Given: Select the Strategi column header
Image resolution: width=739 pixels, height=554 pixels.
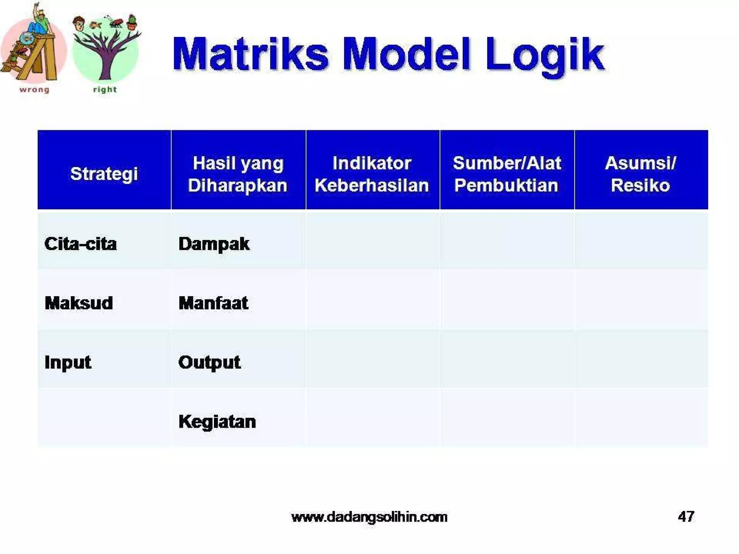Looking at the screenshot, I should tap(104, 174).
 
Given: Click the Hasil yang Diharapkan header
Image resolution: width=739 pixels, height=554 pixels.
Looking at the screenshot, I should tap(238, 174).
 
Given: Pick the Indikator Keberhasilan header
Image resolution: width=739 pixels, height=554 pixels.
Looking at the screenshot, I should tap(372, 174).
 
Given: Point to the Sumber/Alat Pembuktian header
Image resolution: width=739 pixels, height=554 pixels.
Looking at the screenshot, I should tap(507, 174).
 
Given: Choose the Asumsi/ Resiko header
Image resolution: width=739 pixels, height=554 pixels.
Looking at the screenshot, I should tap(640, 174).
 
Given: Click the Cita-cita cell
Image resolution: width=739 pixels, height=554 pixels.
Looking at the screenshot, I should tap(80, 244).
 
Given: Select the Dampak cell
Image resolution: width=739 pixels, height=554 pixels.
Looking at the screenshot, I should tap(214, 244).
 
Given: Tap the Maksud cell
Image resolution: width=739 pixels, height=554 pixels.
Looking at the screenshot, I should tap(79, 303).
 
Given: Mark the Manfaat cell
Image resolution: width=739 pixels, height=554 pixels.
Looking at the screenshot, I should tap(213, 303).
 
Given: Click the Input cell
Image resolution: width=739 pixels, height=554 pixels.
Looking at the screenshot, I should tap(67, 362).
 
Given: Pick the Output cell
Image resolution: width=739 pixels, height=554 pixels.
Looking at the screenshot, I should tap(209, 362).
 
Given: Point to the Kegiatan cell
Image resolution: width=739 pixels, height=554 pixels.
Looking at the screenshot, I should tap(217, 421).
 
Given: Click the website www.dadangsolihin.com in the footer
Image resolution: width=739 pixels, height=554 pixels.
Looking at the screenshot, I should tap(369, 517).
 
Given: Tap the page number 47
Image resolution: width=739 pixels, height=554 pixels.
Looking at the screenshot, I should tap(686, 516).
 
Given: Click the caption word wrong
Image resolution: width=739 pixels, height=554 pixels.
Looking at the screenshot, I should tap(34, 89).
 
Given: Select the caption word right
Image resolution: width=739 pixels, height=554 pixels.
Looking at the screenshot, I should tap(105, 89).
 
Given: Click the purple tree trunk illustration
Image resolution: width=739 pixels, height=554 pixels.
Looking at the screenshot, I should tap(105, 65).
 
